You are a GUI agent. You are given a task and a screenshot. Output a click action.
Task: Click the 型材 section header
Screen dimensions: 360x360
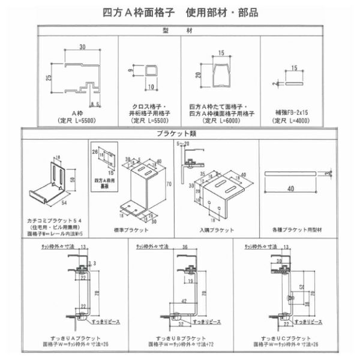pyautogui.click(x=180, y=30)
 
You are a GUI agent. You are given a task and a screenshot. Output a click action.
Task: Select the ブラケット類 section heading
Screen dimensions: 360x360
pyautogui.click(x=179, y=134)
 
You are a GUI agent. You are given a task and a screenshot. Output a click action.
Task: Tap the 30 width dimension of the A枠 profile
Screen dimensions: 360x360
pyautogui.click(x=81, y=47)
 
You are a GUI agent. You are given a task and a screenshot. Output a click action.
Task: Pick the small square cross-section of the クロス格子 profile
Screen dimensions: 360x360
pyautogui.click(x=150, y=76)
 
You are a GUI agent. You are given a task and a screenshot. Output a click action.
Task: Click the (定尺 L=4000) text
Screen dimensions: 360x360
pyautogui.click(x=293, y=120)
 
